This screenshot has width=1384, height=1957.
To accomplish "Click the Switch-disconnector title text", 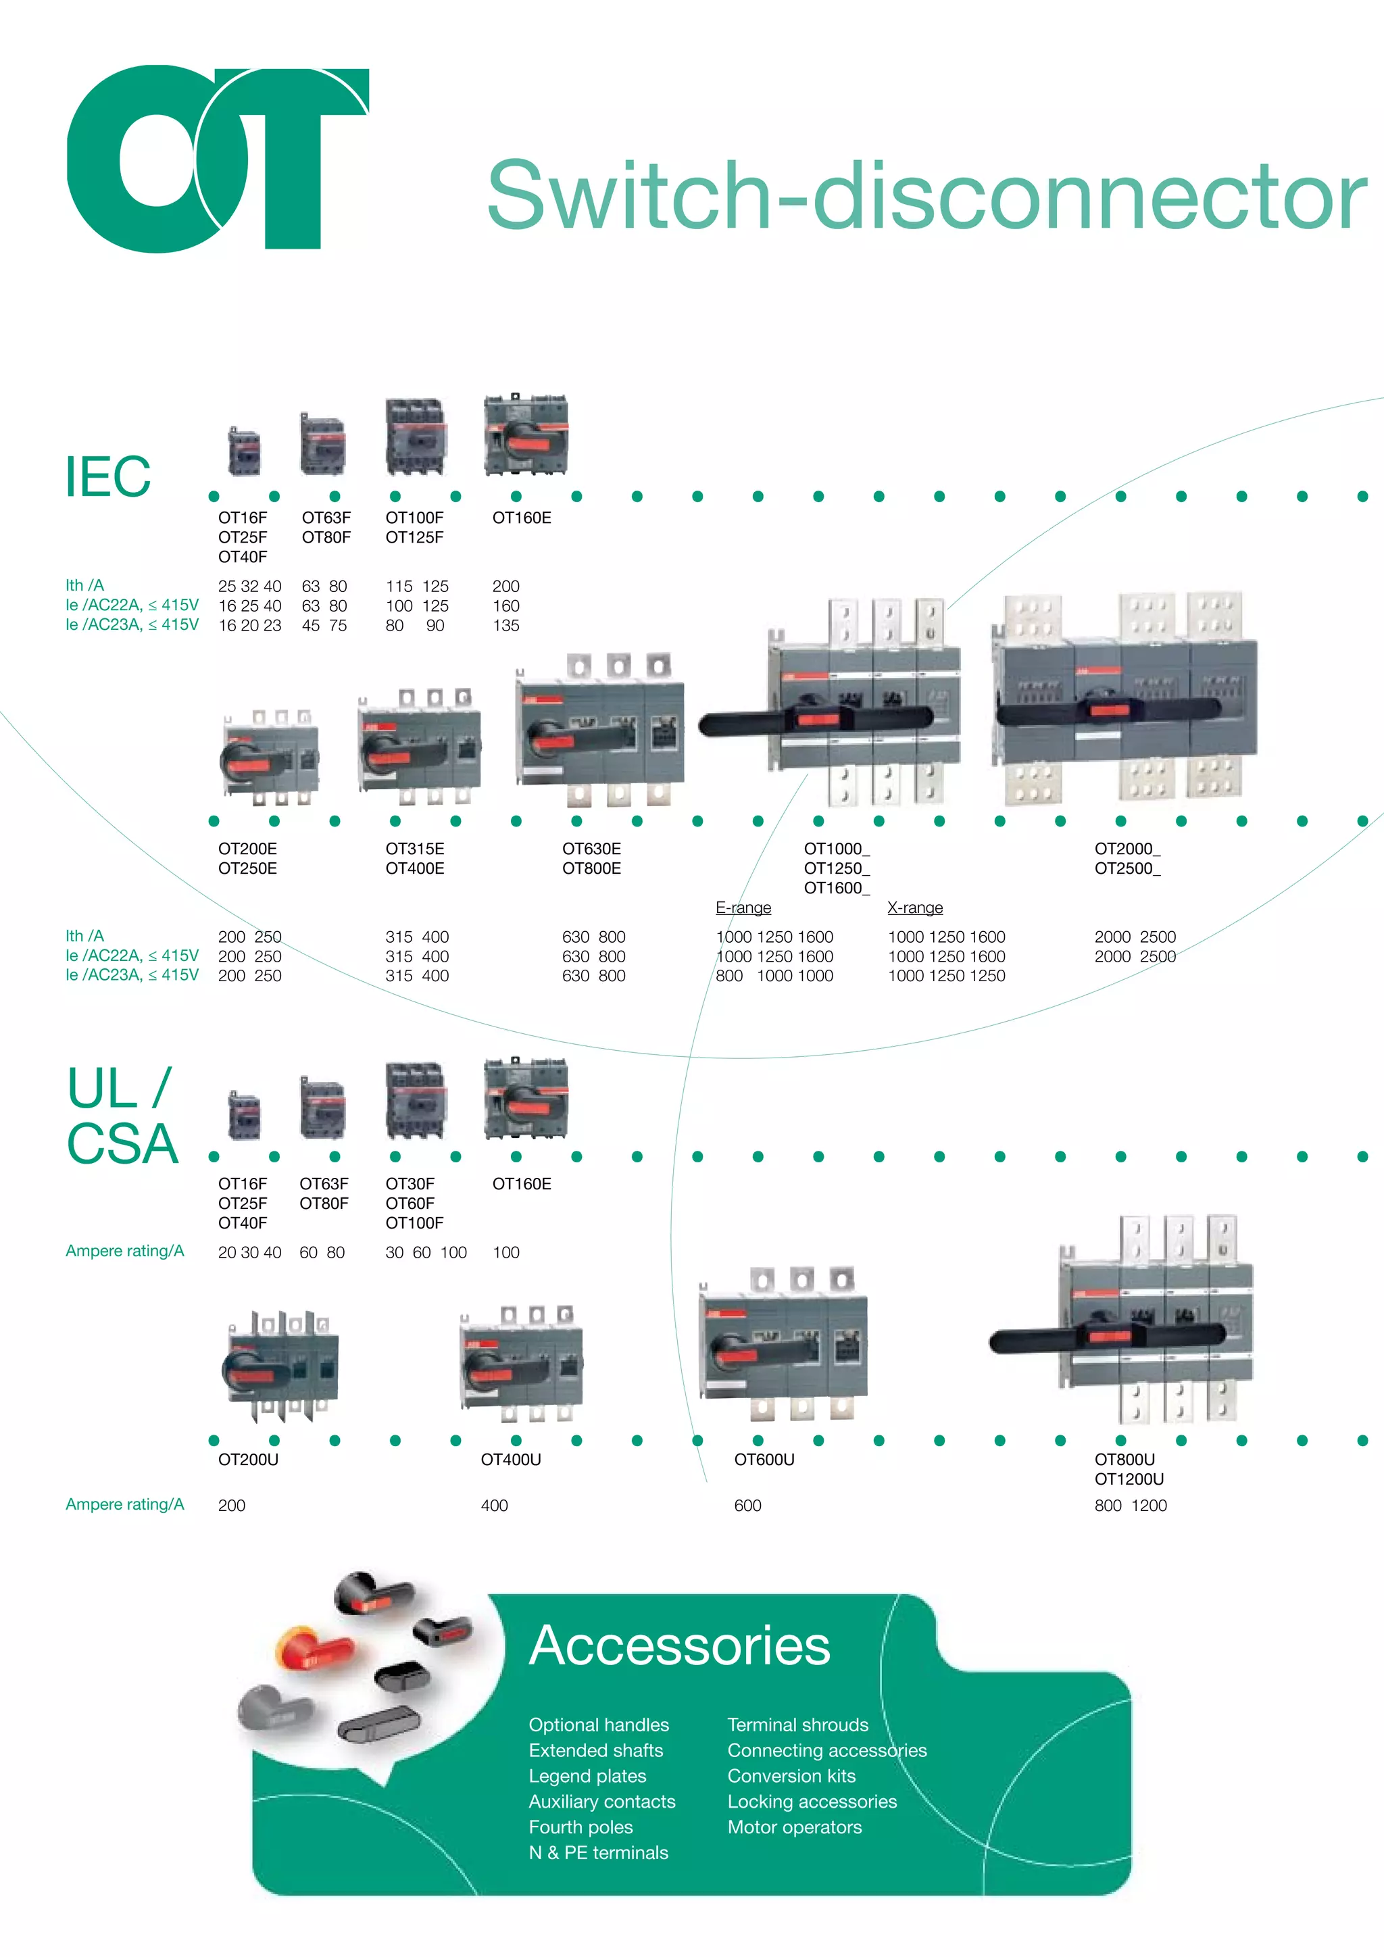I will point(926,195).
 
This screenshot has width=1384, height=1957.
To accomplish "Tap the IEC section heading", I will point(108,476).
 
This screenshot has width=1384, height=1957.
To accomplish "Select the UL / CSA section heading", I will point(122,1116).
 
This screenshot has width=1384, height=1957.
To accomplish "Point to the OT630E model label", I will point(591,849).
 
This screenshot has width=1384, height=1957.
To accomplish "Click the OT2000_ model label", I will point(1127,849).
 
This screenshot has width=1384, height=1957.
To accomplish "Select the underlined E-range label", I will point(743,908).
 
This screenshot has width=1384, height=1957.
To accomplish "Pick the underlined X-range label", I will point(914,908).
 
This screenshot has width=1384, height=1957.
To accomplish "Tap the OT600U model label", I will point(764,1459).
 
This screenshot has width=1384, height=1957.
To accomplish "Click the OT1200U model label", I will point(1129,1479).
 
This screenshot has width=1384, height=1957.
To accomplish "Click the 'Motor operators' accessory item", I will point(794,1827).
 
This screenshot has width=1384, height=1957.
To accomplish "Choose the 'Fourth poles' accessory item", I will point(580,1827).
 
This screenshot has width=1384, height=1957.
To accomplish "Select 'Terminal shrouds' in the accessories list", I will point(797,1725).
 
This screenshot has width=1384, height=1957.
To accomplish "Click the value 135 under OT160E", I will point(505,626).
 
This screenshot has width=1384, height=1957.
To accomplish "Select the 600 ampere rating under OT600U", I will point(747,1505).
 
